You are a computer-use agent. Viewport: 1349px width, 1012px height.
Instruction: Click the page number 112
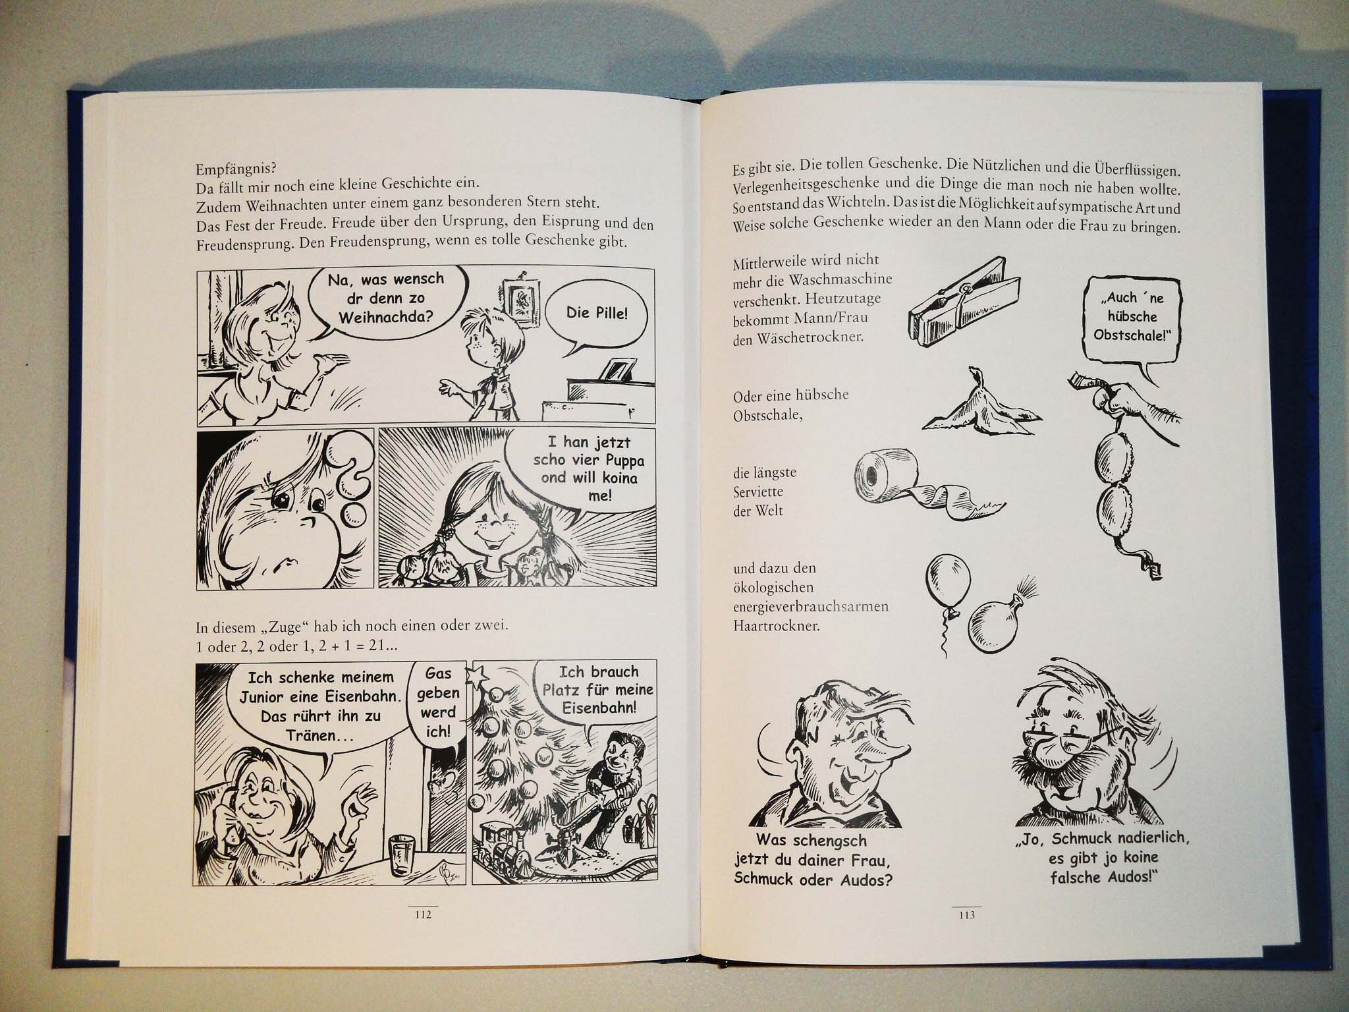tap(422, 914)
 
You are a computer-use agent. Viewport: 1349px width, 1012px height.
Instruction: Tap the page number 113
tap(967, 914)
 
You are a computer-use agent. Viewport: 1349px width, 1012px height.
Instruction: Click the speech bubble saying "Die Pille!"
tap(597, 314)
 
